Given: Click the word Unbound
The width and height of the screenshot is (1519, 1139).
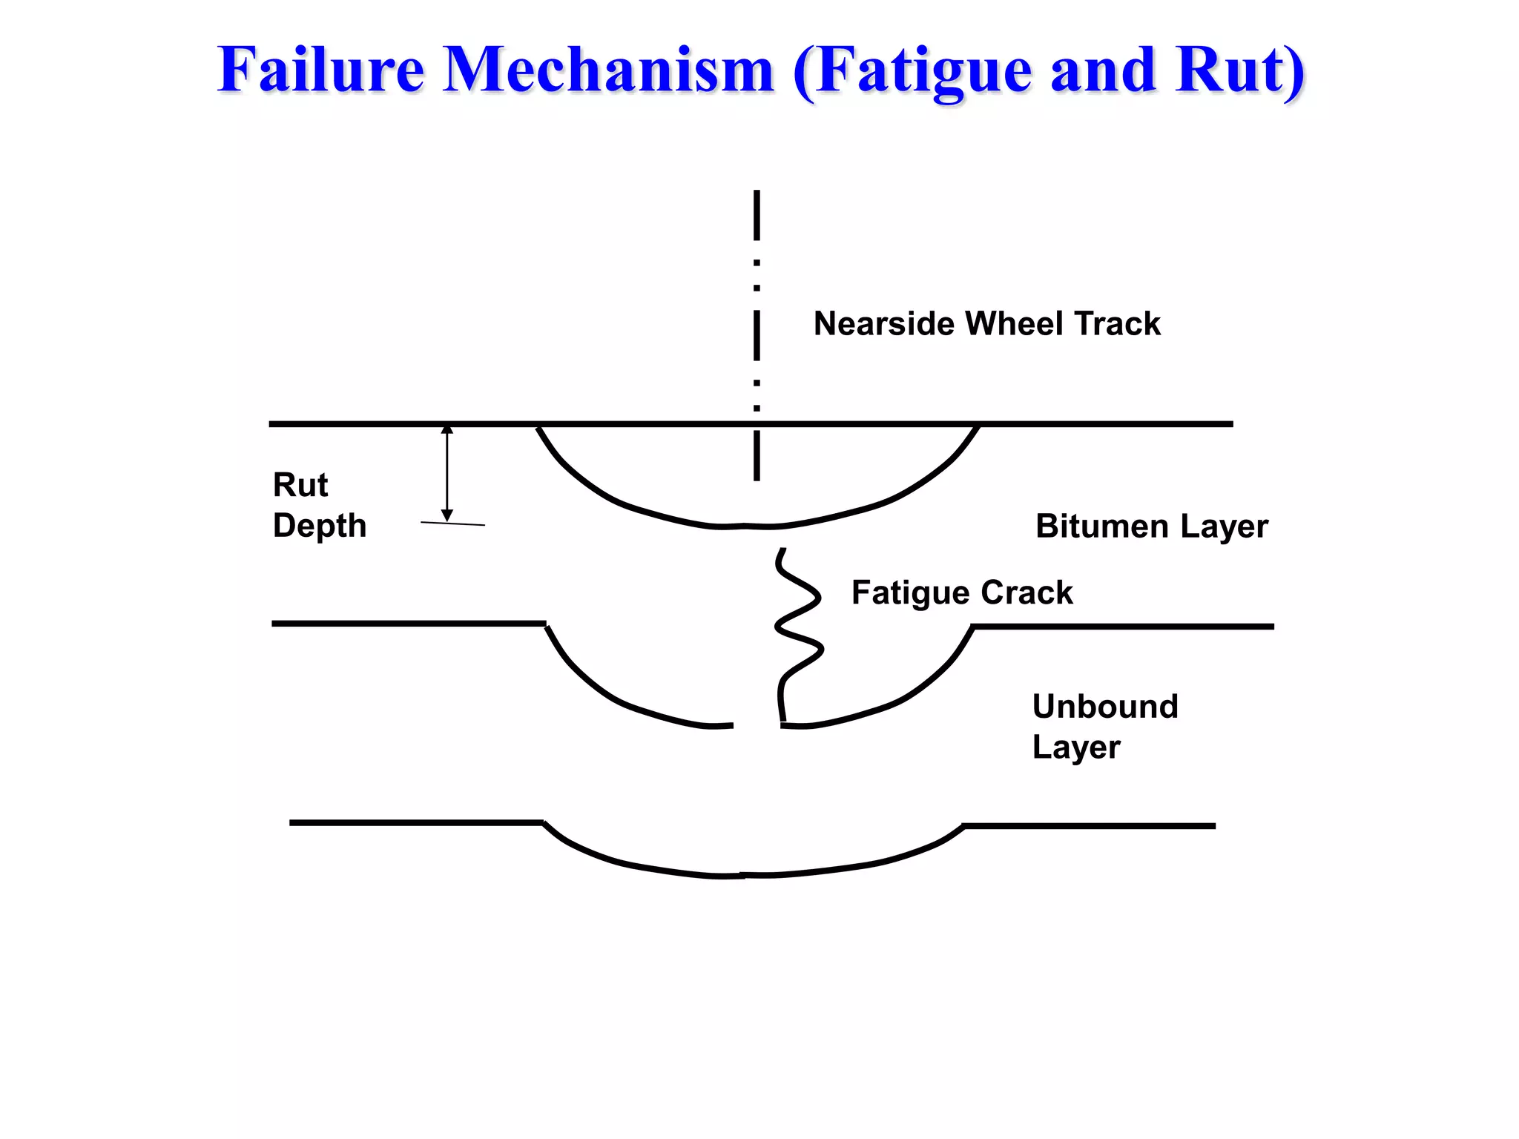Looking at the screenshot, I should point(1105,706).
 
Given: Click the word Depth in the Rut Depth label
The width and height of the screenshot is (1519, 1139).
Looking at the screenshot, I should point(320,526).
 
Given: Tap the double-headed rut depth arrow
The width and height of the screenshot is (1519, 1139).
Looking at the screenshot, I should point(447,473).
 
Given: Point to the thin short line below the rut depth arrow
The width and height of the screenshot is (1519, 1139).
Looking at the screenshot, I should point(452,524).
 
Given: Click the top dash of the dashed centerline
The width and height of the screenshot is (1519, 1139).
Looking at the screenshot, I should point(757,215).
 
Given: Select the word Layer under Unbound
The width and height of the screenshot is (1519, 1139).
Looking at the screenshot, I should point(1076,747).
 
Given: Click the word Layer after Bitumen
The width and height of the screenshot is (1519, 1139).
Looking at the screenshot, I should point(1225,526).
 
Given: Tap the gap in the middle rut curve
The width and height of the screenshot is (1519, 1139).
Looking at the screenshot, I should point(757,726).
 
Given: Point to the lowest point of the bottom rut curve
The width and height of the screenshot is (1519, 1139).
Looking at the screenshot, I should point(744,876).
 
